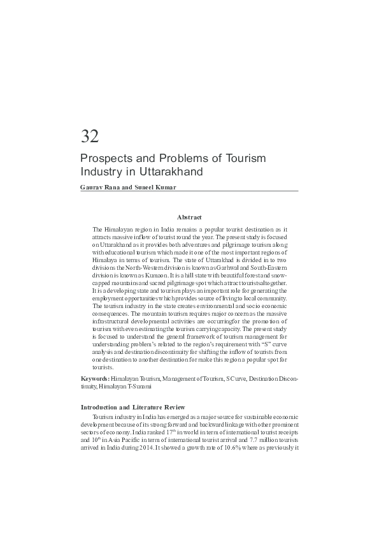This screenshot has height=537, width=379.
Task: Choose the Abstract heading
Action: point(189,217)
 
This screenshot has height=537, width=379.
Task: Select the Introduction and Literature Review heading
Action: point(132,407)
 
